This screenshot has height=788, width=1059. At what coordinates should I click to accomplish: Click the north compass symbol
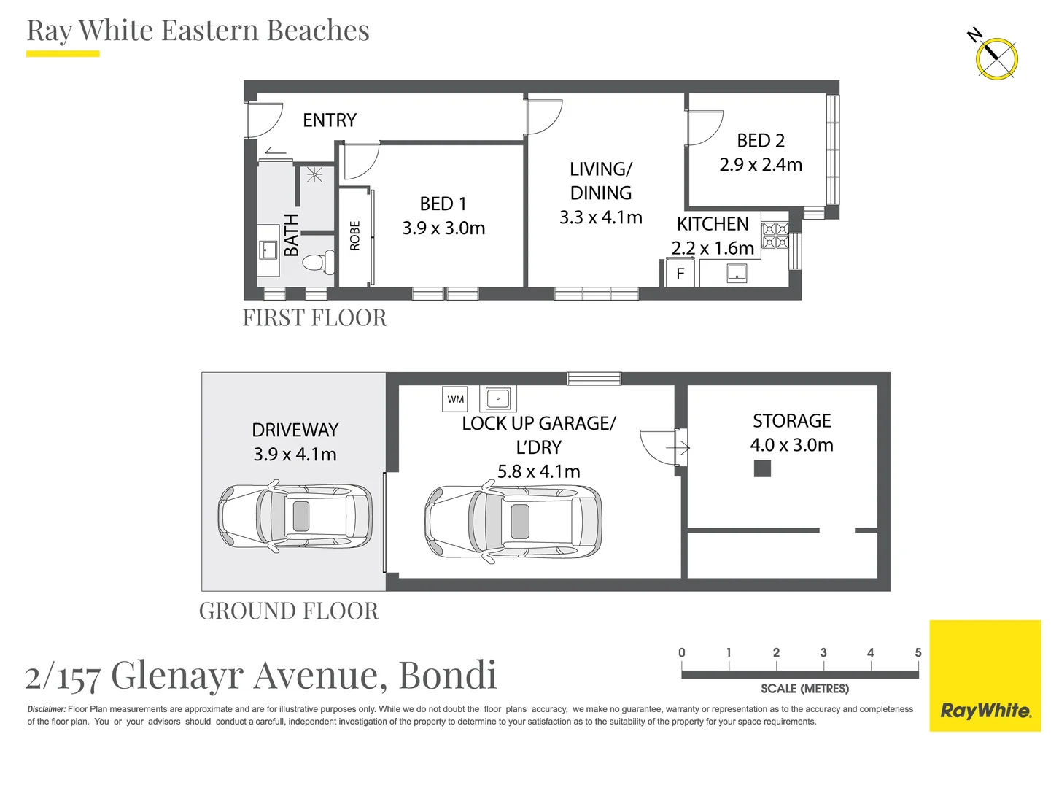point(996,58)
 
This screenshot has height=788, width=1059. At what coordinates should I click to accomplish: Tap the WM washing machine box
point(456,399)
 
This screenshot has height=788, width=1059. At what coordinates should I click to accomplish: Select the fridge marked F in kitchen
point(680,274)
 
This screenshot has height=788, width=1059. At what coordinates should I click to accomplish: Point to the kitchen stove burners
point(775,236)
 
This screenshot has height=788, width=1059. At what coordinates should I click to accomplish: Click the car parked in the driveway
point(295,517)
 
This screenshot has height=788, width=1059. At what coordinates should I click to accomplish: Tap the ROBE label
point(355,236)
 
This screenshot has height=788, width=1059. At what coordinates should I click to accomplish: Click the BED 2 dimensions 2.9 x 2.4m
point(761,165)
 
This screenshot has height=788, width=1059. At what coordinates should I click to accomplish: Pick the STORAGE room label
point(791,421)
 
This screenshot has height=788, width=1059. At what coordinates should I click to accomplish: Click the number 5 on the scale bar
point(918,652)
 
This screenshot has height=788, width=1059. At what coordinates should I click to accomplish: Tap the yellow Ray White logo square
point(985,676)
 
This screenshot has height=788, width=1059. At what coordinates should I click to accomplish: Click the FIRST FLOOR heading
point(314,318)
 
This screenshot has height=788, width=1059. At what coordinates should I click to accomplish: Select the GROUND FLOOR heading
point(289,611)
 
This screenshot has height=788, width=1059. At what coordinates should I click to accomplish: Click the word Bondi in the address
point(448,675)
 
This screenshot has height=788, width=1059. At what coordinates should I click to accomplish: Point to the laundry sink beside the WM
point(498,399)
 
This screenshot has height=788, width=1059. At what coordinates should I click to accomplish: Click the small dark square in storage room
point(762,468)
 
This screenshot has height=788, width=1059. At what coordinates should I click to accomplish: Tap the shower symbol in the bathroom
point(315,174)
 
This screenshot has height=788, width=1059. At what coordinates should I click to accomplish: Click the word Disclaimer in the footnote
point(46,709)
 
